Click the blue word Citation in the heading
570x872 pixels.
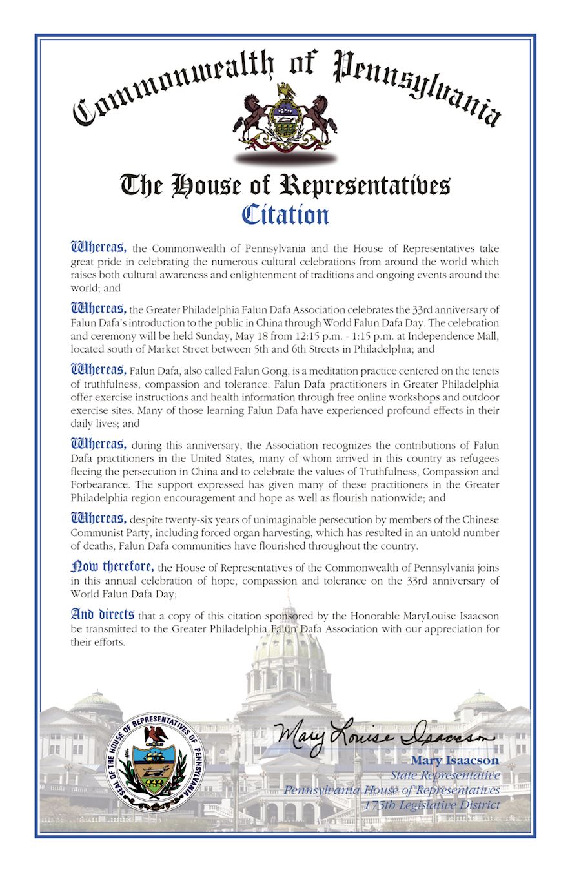[x=285, y=215]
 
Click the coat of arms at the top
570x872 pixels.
[x=285, y=120]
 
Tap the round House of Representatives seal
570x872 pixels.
[x=155, y=762]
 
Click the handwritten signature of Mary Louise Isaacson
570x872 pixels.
[x=383, y=736]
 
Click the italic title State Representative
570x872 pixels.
[x=445, y=775]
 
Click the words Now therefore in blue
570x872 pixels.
[x=112, y=567]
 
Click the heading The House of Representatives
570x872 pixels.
[x=285, y=185]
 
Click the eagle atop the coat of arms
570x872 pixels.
[x=285, y=90]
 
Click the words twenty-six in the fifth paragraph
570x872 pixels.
[x=188, y=520]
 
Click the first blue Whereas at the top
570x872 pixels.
[x=98, y=247]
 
